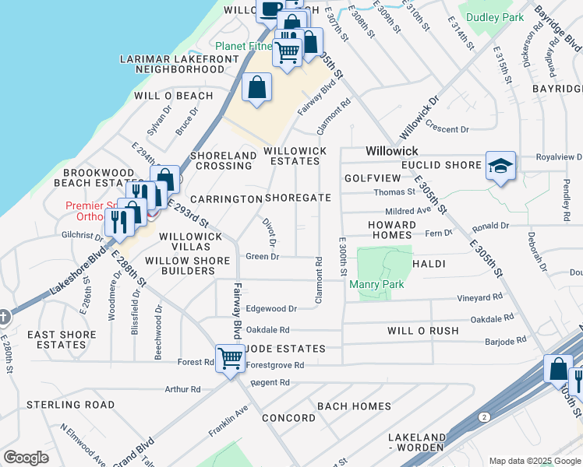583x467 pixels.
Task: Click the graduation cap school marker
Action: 500,166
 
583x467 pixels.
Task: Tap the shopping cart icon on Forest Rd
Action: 231,359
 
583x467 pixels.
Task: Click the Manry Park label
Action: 381,284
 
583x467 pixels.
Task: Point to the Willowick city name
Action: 392,150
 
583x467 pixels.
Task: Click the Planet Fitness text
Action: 242,46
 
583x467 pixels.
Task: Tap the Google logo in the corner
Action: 26,458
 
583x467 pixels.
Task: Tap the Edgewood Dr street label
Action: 271,309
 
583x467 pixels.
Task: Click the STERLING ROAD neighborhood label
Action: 71,405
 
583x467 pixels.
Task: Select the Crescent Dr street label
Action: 447,129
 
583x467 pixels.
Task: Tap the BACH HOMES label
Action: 354,406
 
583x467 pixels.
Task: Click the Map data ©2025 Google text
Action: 535,461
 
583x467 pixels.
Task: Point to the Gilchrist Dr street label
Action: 83,234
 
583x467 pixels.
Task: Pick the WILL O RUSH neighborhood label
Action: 423,331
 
